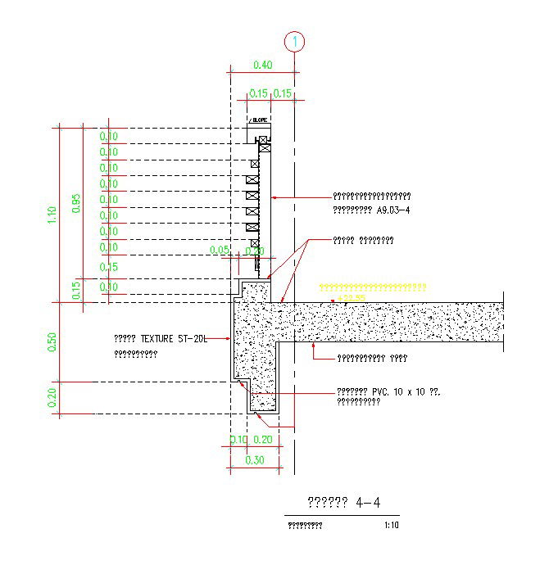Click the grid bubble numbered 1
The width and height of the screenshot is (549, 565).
point(294,40)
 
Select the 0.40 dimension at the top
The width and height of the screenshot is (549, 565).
point(262,65)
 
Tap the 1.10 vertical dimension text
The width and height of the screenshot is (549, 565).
point(52,215)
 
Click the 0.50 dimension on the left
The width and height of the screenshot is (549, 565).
point(52,341)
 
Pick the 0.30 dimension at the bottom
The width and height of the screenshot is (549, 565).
point(255,461)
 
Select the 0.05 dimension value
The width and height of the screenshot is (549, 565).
point(220,250)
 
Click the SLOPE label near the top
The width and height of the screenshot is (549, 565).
point(260,120)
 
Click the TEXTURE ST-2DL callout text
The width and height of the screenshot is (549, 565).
point(159,337)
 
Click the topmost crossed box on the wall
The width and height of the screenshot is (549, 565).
point(265,142)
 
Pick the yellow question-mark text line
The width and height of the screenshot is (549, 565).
point(372,287)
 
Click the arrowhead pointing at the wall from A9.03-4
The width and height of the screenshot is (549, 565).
point(273,197)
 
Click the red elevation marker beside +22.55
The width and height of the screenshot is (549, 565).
point(333,301)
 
